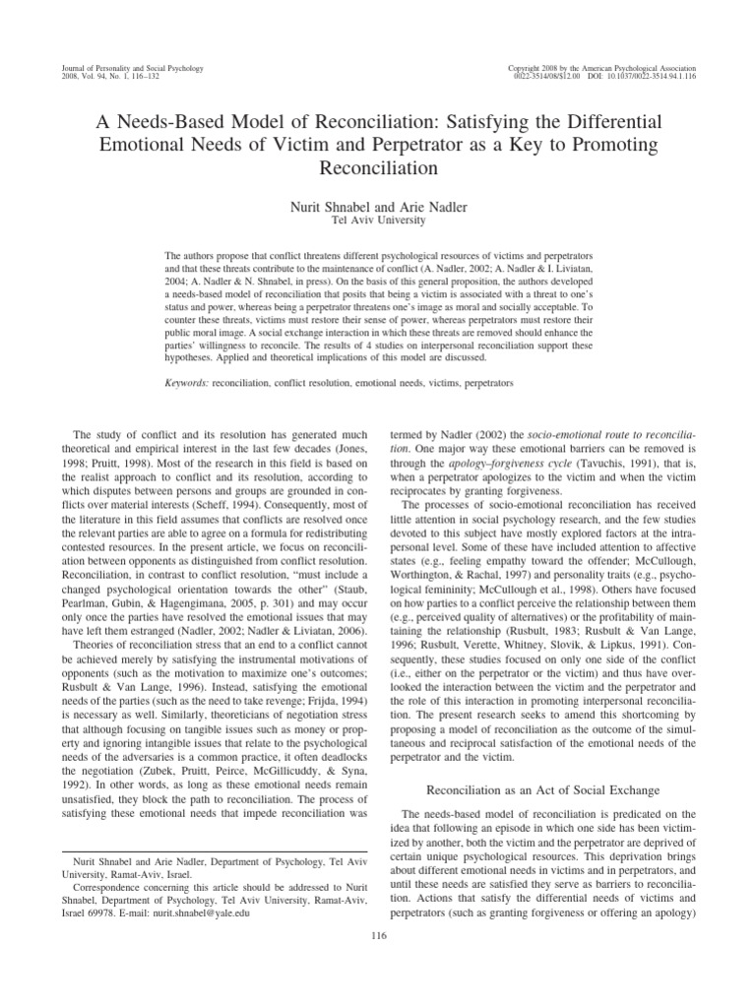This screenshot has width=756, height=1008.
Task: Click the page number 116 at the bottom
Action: tap(378, 935)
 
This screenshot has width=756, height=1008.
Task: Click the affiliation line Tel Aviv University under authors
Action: tap(378, 220)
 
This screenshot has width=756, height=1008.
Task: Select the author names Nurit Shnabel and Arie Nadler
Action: tap(378, 207)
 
